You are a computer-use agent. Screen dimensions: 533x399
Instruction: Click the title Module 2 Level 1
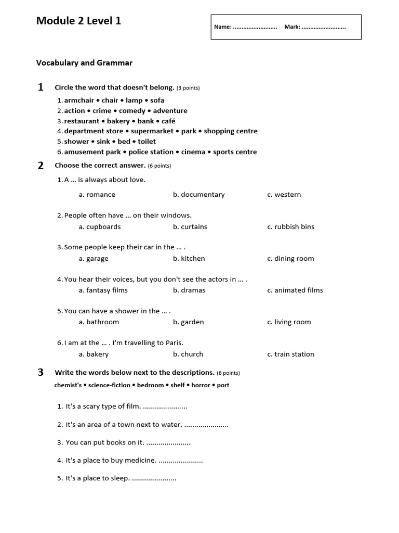(78, 21)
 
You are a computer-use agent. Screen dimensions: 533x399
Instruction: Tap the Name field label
(223, 27)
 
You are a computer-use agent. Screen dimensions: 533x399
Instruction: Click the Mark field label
(292, 27)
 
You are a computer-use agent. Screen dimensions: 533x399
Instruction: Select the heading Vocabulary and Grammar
(84, 63)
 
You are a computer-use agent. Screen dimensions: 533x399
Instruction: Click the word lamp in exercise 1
(134, 100)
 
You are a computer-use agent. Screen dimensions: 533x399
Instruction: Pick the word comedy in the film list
(132, 111)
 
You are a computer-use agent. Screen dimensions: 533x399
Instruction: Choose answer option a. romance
(97, 195)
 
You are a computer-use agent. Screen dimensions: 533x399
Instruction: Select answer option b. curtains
(190, 227)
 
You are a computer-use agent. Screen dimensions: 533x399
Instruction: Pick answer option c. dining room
(290, 259)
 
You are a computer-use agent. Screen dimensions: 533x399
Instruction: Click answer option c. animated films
(295, 290)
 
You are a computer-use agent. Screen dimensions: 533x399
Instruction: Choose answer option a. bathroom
(99, 322)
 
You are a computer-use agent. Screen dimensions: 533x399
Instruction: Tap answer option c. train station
(290, 354)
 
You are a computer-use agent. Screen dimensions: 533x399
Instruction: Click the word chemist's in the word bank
(69, 386)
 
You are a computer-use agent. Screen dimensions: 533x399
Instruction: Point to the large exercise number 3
(41, 372)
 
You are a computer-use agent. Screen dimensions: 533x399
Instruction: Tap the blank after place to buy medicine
(180, 461)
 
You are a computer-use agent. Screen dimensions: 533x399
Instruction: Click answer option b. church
(188, 354)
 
